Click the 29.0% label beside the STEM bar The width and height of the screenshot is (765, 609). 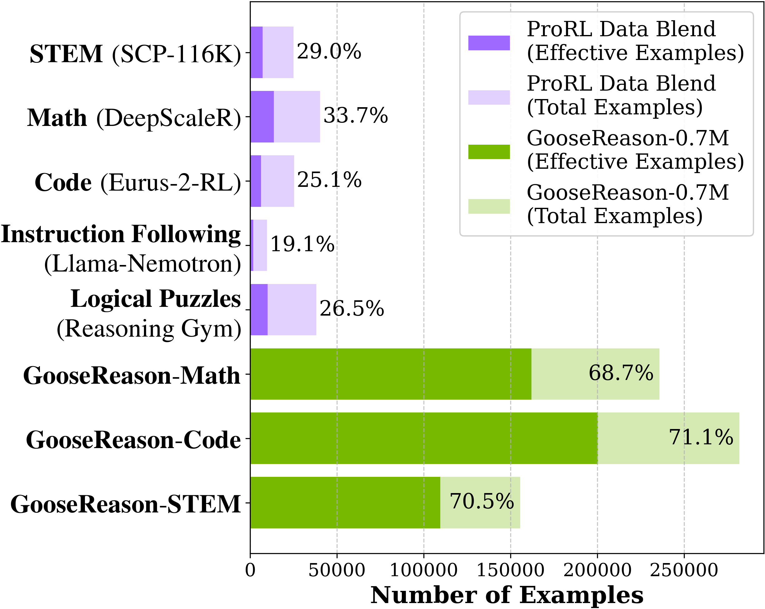pos(329,52)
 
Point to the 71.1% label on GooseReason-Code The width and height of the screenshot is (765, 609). pos(701,437)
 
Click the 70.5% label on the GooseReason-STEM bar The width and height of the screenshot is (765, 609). pos(482,502)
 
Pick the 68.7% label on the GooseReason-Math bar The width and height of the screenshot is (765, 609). pos(621,373)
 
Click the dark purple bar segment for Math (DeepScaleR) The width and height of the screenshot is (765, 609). pos(262,117)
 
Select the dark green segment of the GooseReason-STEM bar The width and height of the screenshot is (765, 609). pos(345,502)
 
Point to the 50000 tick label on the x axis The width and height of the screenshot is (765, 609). pos(337,571)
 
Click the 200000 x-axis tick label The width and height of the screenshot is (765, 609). pos(597,571)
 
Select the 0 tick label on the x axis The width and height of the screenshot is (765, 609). pos(250,571)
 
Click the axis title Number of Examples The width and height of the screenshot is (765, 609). pos(507,595)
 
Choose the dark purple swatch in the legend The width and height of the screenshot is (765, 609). pos(489,43)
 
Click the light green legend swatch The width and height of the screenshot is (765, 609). pos(489,206)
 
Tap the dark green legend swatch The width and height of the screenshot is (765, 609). pos(489,152)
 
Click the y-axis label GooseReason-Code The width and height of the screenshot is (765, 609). pos(133,440)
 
